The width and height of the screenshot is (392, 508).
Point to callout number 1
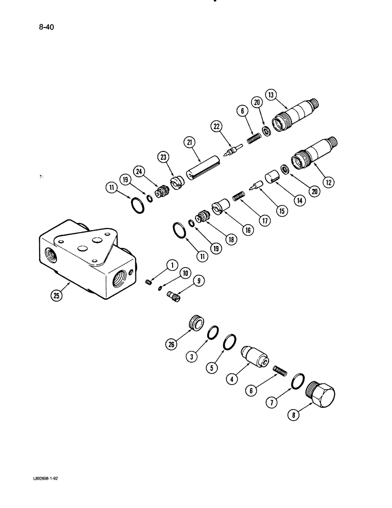coord(171,264)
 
